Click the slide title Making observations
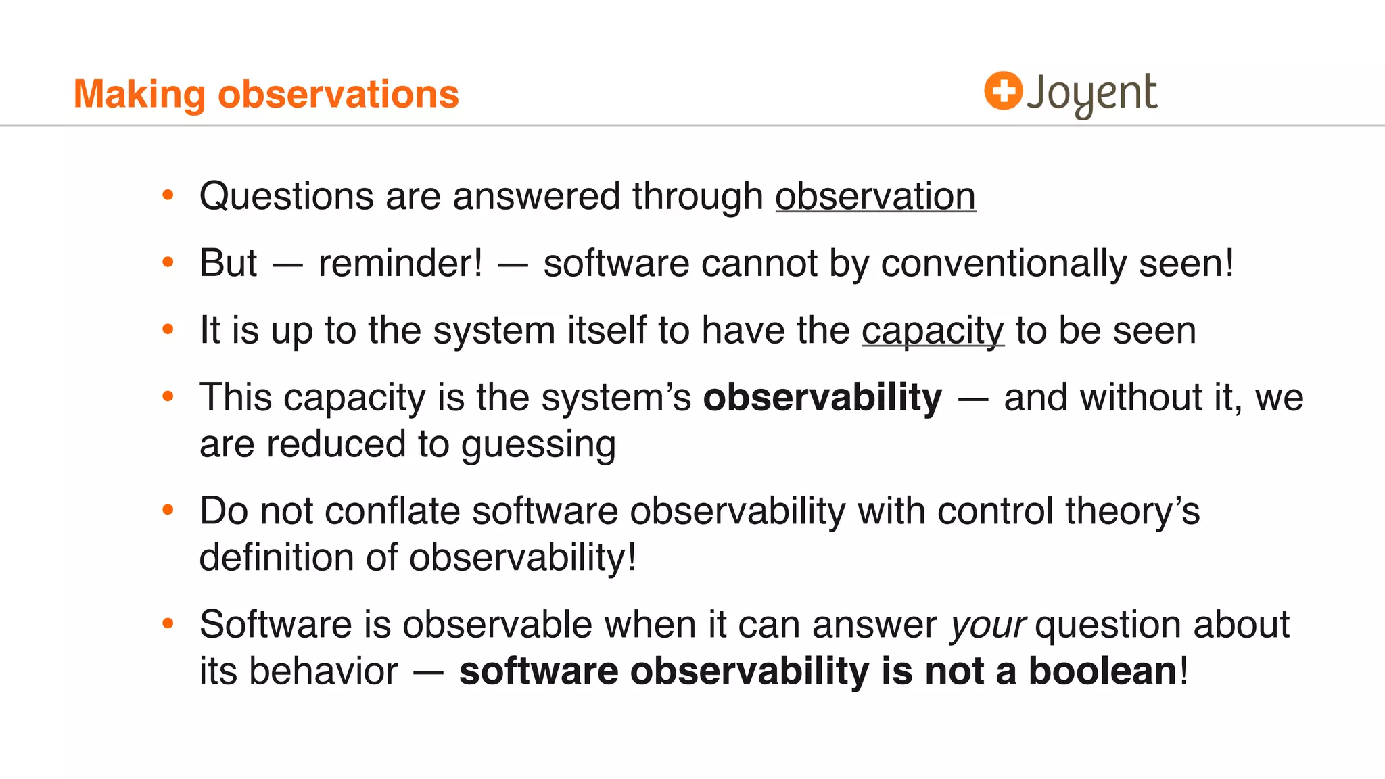pyautogui.click(x=266, y=94)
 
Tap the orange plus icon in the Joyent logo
pyautogui.click(x=1002, y=91)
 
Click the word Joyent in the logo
pyautogui.click(x=1091, y=94)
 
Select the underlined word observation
pyautogui.click(x=875, y=197)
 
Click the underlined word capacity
pyautogui.click(x=933, y=331)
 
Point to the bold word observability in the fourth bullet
pyautogui.click(x=822, y=398)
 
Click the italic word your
pyautogui.click(x=988, y=625)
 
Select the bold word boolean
pyautogui.click(x=1102, y=671)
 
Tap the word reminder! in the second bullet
pyautogui.click(x=400, y=264)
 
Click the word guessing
pyautogui.click(x=538, y=445)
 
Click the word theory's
pyautogui.click(x=1132, y=511)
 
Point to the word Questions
pyautogui.click(x=286, y=197)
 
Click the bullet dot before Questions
pyautogui.click(x=168, y=196)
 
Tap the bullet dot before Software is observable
pyautogui.click(x=168, y=623)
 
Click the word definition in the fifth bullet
pyautogui.click(x=276, y=558)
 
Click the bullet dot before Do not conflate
pyautogui.click(x=168, y=510)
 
